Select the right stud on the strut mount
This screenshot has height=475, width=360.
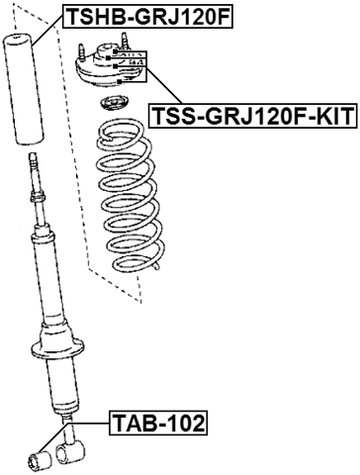(126, 43)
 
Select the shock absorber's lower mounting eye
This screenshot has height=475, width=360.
(69, 454)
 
